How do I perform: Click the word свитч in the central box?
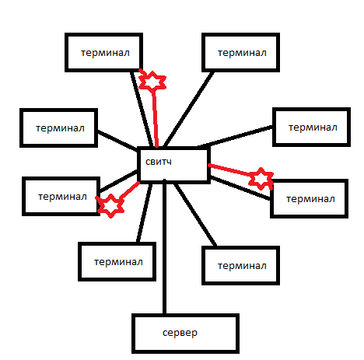coord(159,162)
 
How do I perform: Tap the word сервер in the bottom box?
coord(180,333)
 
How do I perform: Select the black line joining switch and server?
coord(164,247)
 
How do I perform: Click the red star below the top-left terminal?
coord(152,82)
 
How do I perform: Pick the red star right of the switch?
coord(261,179)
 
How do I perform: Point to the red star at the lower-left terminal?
coord(110,206)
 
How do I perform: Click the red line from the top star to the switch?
coord(155,119)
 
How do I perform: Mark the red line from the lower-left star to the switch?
coord(129,191)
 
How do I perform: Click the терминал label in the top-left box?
coord(105,53)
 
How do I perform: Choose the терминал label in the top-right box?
coord(242,53)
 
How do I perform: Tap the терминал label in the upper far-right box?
coord(313,128)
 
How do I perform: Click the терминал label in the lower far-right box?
coord(310,199)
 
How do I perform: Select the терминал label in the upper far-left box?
coord(60,128)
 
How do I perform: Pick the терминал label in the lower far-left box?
coord(62,197)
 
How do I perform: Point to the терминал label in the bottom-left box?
coord(118,262)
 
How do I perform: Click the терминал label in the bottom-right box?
coord(242,266)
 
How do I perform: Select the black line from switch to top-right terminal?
coord(189,109)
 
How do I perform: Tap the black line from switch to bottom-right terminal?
coord(195,215)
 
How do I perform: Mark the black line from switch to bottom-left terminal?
coord(145,213)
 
